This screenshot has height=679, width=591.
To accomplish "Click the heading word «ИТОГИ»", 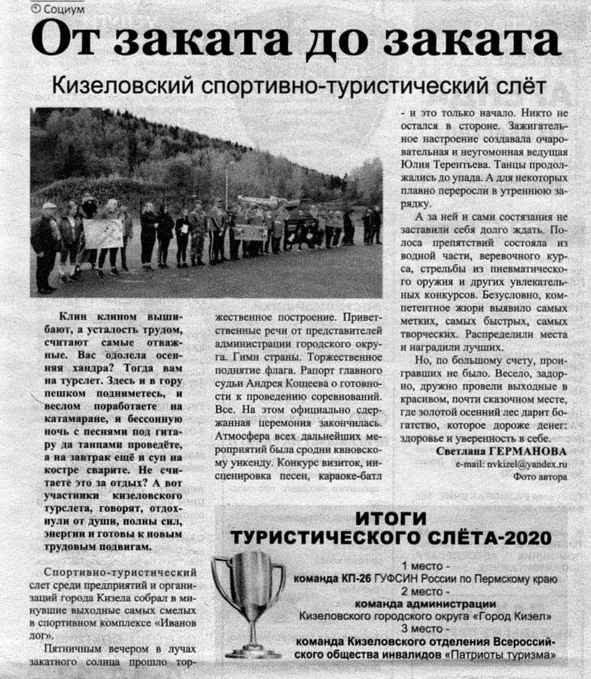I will pos(390,519).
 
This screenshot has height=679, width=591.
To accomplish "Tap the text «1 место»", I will pos(425,566).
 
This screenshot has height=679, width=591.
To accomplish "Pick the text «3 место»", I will pos(425,629).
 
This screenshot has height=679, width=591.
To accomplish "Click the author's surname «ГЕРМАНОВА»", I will pos(531,451).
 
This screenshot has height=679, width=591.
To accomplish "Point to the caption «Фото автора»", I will pos(539,476).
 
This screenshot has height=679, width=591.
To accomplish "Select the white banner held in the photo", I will pos(102,234).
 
